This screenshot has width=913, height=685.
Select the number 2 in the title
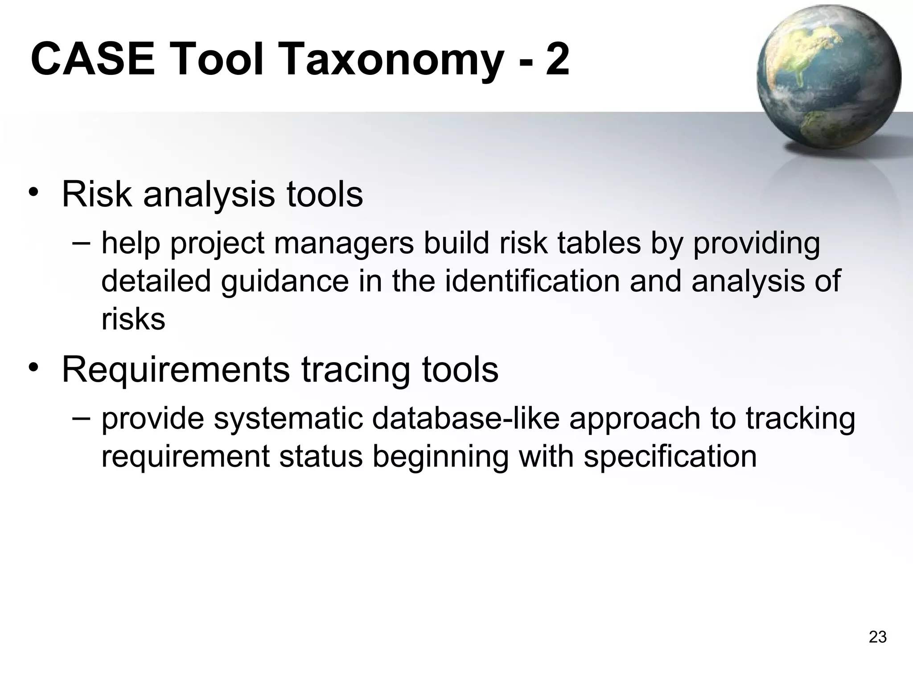point(557,59)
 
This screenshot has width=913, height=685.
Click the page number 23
point(877,637)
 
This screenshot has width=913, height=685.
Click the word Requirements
point(176,370)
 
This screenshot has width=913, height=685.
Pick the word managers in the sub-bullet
point(344,243)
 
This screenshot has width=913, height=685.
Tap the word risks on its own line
point(133,319)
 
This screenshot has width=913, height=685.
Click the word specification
point(670,457)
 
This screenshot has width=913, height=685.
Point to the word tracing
point(355,370)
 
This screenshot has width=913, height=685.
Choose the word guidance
point(284,282)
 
